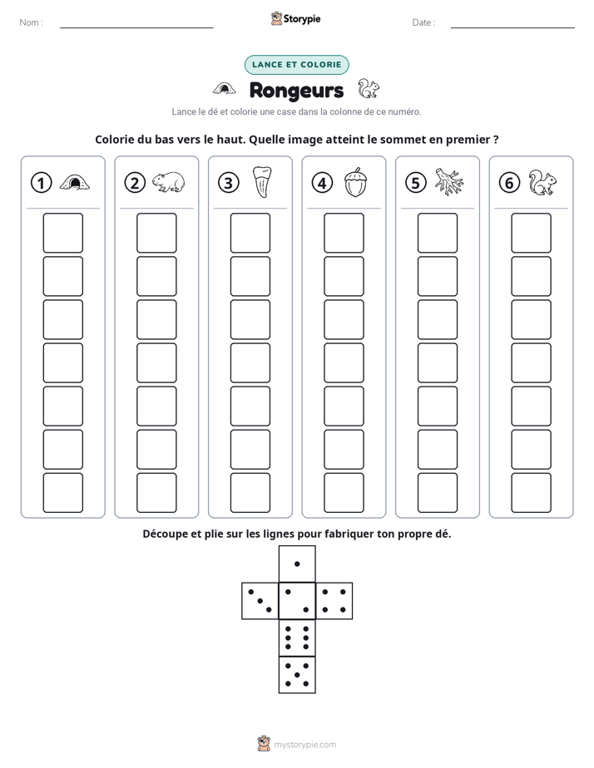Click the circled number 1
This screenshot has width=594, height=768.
(x=41, y=183)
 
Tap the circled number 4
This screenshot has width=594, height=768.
(x=322, y=183)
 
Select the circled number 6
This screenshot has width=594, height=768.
(x=509, y=183)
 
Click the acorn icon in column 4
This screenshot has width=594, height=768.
(x=356, y=182)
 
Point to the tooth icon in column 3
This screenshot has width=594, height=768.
(x=262, y=182)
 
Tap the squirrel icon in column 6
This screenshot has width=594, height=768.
(x=543, y=183)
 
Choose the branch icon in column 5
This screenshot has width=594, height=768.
(x=449, y=182)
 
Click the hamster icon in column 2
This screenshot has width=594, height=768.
(x=169, y=182)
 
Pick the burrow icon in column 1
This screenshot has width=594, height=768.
(x=75, y=183)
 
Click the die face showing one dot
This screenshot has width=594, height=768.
(x=297, y=564)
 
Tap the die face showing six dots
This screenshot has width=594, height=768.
(x=297, y=638)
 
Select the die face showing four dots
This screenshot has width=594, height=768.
(x=334, y=601)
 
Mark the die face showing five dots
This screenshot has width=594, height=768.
(x=297, y=674)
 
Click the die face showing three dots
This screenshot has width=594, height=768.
(x=260, y=601)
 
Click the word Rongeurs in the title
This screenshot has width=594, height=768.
(x=296, y=91)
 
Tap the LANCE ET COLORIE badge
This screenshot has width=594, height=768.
(x=296, y=65)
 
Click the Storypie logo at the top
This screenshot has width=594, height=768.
(x=295, y=18)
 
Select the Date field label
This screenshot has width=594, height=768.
(x=423, y=22)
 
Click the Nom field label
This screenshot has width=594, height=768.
(x=31, y=22)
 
